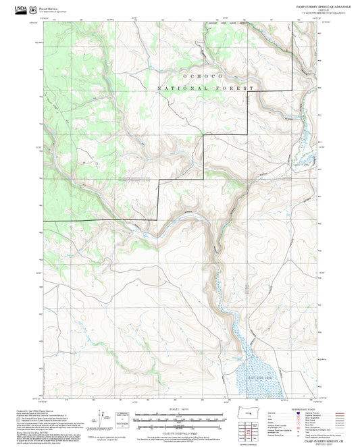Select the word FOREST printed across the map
pos(234,88)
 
